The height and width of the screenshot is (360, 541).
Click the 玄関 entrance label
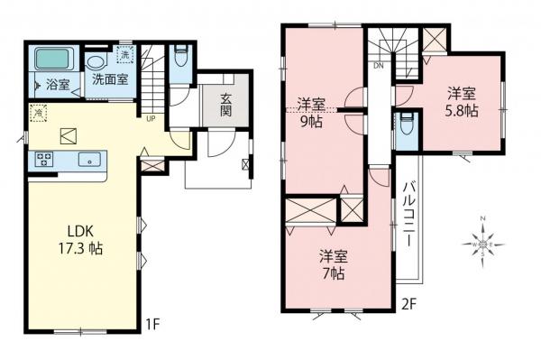click(221, 101)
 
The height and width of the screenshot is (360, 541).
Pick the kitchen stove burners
click(43, 160)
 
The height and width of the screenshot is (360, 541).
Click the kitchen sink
click(89, 160)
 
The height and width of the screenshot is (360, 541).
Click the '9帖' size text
click(313, 119)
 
